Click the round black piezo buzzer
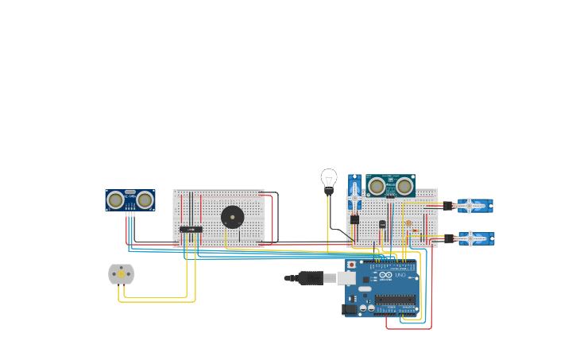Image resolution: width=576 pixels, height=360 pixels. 232,217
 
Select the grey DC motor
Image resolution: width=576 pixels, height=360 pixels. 122,274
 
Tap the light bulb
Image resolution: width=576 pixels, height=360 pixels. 329,180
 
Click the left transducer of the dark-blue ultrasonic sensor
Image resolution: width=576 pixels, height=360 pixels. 116,200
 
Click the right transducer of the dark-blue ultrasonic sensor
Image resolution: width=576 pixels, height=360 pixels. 145,200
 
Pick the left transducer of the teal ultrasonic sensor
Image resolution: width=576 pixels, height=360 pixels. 377,186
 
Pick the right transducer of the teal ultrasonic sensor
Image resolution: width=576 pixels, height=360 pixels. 404,186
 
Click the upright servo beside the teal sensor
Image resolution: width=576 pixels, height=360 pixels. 354,192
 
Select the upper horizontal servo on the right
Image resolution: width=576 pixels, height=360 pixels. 474,206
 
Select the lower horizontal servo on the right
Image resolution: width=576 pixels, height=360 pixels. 474,238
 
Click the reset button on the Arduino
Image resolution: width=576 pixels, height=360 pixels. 352,265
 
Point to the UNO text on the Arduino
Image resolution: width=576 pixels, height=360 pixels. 399,275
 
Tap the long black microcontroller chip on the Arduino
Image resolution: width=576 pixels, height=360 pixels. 395,300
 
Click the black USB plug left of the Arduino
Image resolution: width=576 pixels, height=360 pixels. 310,277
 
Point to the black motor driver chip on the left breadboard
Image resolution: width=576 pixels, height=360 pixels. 191,230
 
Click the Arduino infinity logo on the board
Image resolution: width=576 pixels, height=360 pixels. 385,275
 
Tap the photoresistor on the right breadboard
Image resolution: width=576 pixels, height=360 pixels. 409,223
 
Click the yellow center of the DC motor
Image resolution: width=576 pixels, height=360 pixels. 122,274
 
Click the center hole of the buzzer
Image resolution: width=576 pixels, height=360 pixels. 232,217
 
